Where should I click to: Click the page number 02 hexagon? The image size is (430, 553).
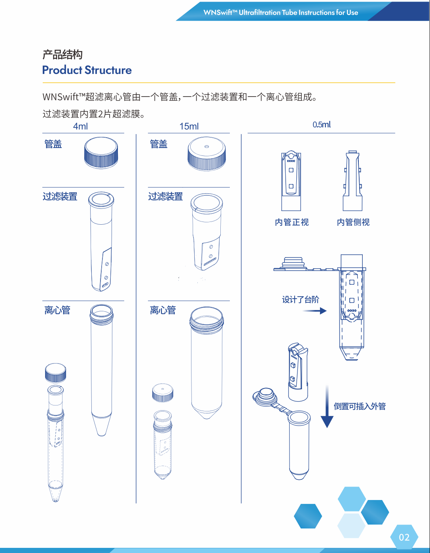404,537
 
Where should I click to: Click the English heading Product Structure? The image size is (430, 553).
87,70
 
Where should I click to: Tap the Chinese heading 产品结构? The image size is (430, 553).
63,55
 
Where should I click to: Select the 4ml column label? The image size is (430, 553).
80,126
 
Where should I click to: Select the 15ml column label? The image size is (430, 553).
189,126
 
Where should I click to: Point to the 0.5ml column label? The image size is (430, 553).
322,125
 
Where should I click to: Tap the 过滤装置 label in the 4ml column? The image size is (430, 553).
60,197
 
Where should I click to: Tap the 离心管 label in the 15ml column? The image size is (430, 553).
163,310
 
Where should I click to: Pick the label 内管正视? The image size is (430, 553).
292,222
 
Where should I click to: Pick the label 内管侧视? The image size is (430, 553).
353,222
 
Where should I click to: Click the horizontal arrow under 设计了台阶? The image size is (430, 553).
314,311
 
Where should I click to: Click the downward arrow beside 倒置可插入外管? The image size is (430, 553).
327,407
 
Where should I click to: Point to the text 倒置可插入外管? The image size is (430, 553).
360,406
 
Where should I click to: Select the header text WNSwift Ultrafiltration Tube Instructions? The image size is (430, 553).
280,13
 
